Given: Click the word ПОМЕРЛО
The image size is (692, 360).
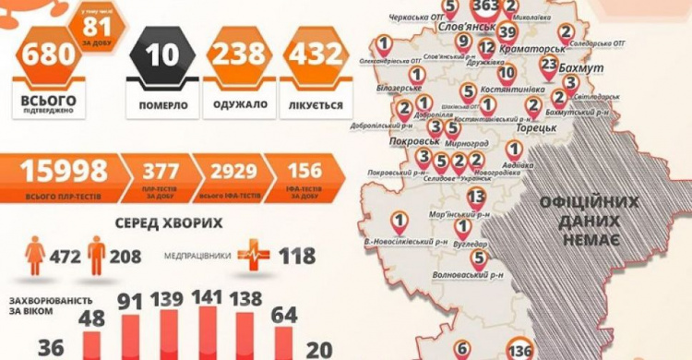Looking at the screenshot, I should [x=162, y=105].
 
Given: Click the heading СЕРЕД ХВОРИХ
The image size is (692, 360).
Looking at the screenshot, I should [x=169, y=223].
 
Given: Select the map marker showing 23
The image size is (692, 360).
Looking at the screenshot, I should [x=549, y=66].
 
